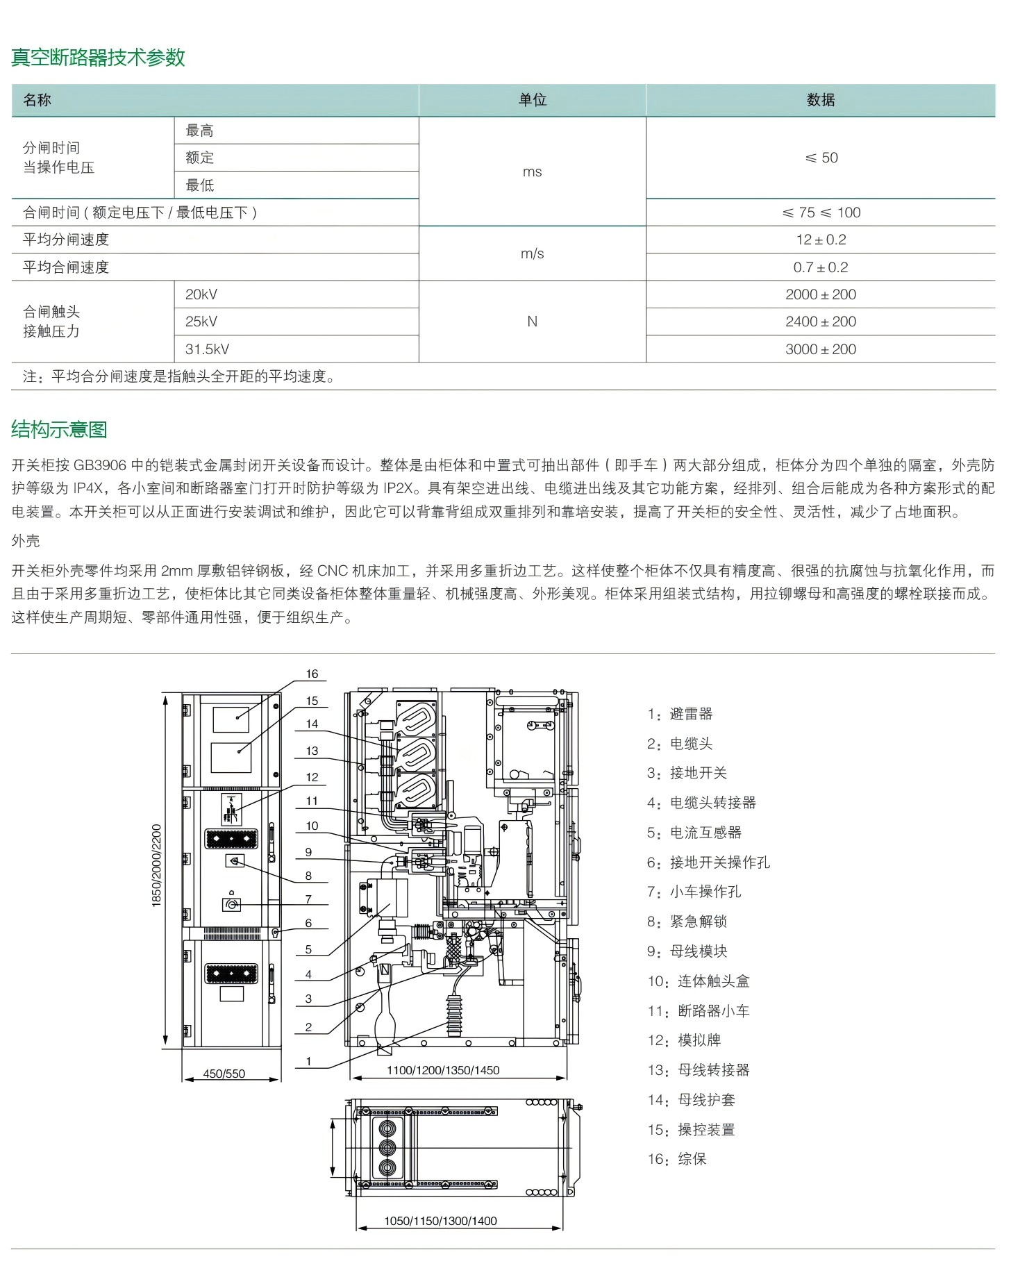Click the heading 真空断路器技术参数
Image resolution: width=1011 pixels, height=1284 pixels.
click(x=98, y=57)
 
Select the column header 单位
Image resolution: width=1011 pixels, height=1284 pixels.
click(x=533, y=100)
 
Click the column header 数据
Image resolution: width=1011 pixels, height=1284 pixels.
click(x=821, y=100)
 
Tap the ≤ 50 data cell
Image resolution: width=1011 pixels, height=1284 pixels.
click(x=821, y=158)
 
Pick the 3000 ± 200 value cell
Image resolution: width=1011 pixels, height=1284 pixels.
click(x=821, y=349)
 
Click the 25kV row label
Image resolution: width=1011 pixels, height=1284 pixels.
click(x=201, y=322)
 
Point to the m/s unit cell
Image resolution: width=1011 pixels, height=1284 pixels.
click(x=532, y=253)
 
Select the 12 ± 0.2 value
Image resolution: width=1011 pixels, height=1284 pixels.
click(x=821, y=240)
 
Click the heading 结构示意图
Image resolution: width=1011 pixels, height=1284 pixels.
click(x=59, y=430)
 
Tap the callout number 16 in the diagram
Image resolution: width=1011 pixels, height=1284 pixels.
click(x=312, y=674)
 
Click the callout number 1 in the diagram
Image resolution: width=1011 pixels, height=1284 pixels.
click(x=308, y=1061)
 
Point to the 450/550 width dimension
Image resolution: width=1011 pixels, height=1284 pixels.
click(x=224, y=1074)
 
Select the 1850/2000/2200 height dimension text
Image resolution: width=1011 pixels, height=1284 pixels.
click(x=156, y=865)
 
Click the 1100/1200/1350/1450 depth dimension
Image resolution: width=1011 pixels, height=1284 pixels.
click(x=443, y=1070)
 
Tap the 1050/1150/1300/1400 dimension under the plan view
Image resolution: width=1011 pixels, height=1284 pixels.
click(x=440, y=1221)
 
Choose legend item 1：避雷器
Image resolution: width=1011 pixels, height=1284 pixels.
click(x=680, y=714)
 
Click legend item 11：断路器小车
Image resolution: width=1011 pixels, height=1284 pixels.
click(x=698, y=1011)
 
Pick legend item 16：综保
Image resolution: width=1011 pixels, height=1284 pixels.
click(x=677, y=1159)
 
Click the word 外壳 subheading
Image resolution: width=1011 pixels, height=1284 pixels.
click(x=26, y=541)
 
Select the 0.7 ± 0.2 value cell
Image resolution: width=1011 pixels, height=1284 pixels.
click(x=821, y=267)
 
